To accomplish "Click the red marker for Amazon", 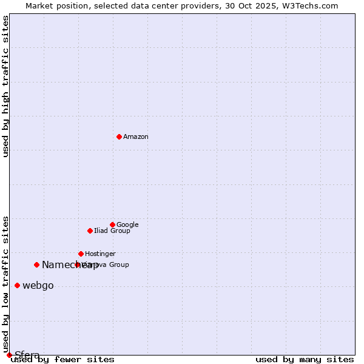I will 119,136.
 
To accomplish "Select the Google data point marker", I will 112,224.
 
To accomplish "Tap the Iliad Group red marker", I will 90,231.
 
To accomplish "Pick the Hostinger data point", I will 81,254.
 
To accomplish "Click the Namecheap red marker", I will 36,265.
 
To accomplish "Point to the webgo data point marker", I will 17,285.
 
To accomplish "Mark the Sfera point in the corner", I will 9,355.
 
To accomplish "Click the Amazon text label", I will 136,137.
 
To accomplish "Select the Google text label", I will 127,225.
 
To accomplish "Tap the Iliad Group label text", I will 112,231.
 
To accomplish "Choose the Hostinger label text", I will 100,254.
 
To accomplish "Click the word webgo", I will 38,286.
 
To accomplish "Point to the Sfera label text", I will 27,356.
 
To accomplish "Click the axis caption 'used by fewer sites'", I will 62,360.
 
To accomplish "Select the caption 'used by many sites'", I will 305,360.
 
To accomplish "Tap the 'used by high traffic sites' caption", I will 6,86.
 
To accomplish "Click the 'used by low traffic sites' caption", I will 6,284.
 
